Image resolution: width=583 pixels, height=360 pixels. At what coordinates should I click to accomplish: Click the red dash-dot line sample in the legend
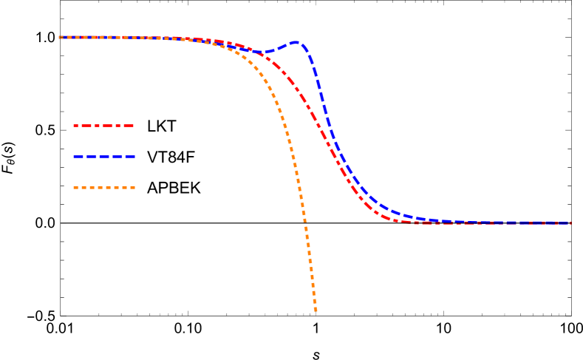click(x=103, y=126)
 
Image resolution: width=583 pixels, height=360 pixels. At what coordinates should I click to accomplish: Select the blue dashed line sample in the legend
click(x=103, y=157)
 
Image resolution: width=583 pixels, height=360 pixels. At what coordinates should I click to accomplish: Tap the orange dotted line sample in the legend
click(x=103, y=188)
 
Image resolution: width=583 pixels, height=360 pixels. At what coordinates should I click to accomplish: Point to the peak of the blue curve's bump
click(x=296, y=43)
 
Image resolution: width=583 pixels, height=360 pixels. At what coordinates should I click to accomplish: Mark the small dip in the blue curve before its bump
click(x=262, y=52)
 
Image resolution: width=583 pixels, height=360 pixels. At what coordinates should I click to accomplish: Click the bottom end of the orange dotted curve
click(x=316, y=310)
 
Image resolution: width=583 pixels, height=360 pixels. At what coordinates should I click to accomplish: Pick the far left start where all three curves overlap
click(x=61, y=37)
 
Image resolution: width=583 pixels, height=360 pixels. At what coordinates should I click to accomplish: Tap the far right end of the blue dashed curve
click(x=570, y=223)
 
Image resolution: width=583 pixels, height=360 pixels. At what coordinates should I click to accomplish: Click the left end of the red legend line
click(x=74, y=126)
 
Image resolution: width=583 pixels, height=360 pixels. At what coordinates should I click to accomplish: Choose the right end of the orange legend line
click(x=134, y=188)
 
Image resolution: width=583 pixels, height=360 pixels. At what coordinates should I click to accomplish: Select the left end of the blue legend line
click(x=74, y=157)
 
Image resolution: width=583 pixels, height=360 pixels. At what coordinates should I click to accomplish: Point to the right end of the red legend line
click(x=134, y=126)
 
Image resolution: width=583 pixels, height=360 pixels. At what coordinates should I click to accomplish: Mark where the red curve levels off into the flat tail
click(x=399, y=220)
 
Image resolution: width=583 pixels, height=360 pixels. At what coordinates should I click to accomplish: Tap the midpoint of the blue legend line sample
click(x=104, y=157)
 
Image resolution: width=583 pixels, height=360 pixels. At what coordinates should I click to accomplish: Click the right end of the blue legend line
click(x=134, y=157)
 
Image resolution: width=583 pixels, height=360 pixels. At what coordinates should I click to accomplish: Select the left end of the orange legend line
click(x=74, y=188)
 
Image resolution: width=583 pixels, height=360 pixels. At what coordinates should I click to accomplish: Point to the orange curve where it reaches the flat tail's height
click(x=304, y=223)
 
